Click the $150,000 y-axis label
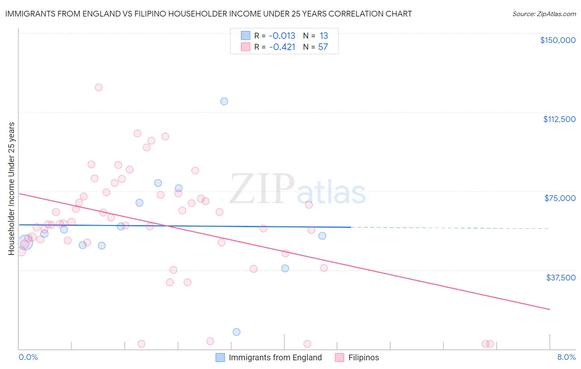pyautogui.click(x=558, y=40)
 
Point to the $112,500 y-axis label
pyautogui.click(x=560, y=119)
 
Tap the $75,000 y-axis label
pyautogui.click(x=560, y=198)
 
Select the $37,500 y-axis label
pyautogui.click(x=561, y=278)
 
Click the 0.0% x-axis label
pyautogui.click(x=28, y=357)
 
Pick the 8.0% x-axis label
pyautogui.click(x=567, y=357)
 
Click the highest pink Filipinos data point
pyautogui.click(x=99, y=88)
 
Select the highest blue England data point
pyautogui.click(x=224, y=101)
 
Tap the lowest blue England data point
pyautogui.click(x=236, y=332)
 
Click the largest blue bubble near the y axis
pyautogui.click(x=26, y=242)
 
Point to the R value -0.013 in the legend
pyautogui.click(x=282, y=36)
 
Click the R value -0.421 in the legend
pyautogui.click(x=282, y=47)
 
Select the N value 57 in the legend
pyautogui.click(x=323, y=47)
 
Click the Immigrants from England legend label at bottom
pyautogui.click(x=275, y=357)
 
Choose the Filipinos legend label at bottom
pyautogui.click(x=364, y=357)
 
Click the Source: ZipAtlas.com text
pyautogui.click(x=544, y=14)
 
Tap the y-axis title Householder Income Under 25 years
pyautogui.click(x=12, y=189)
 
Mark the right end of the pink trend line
pyautogui.click(x=550, y=309)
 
